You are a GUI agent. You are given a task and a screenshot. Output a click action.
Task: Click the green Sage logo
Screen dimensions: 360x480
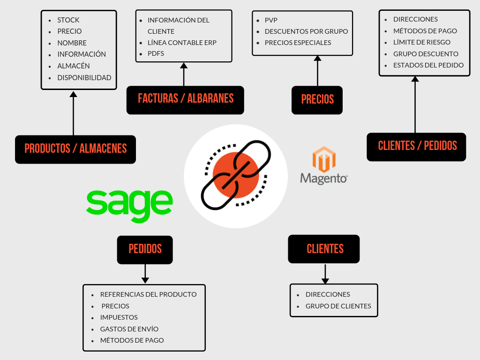[x=129, y=205]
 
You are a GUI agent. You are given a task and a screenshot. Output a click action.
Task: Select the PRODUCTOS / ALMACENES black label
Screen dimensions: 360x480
[x=75, y=149]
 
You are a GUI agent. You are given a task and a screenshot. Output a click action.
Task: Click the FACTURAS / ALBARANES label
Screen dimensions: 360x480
[x=185, y=99]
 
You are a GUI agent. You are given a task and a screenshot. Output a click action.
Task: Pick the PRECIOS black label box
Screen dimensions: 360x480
[x=317, y=99]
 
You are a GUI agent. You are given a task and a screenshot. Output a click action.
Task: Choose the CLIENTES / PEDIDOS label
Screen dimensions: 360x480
[x=417, y=146]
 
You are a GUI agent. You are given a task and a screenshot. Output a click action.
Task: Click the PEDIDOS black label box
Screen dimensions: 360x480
[x=145, y=249]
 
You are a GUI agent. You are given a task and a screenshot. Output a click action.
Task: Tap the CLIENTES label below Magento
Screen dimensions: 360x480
[x=324, y=249]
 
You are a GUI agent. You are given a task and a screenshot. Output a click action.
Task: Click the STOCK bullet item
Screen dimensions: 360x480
[x=68, y=20]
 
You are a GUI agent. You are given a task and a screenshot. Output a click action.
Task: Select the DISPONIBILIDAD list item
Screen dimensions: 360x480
[x=84, y=77]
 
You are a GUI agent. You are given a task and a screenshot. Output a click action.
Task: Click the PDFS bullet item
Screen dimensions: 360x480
[x=156, y=53]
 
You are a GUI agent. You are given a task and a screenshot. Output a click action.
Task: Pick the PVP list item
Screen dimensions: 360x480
[x=271, y=20]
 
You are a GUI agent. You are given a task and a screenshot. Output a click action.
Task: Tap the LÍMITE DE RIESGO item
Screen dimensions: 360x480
[x=422, y=42]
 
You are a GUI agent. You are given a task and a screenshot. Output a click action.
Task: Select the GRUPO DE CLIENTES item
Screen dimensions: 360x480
[x=338, y=306]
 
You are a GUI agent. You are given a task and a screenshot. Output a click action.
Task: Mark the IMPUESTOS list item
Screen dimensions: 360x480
[x=119, y=317]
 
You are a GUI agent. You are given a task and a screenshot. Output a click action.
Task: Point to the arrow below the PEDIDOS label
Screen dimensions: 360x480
[x=145, y=274]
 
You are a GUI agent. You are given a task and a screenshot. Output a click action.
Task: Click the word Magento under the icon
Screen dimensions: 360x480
[x=324, y=179]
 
